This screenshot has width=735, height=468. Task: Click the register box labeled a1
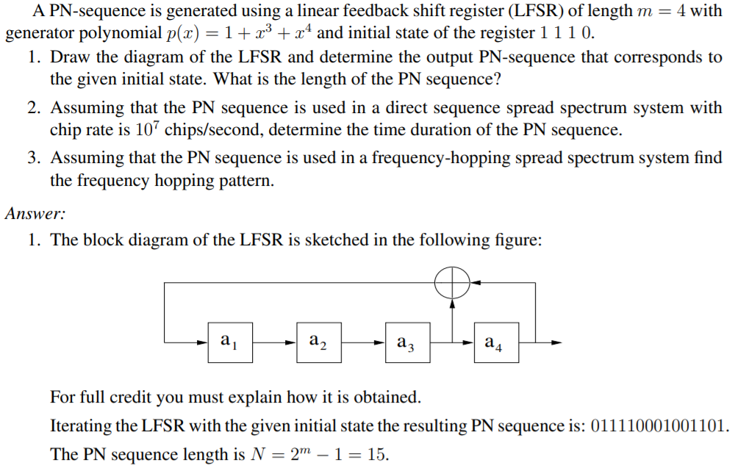point(230,341)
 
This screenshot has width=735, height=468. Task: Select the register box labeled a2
point(319,341)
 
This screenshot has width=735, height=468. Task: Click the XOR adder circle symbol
point(453,282)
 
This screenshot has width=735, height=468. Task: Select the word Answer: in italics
point(35,214)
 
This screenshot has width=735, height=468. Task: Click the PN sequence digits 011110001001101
point(661,426)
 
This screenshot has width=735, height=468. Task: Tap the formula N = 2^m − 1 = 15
point(317,455)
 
